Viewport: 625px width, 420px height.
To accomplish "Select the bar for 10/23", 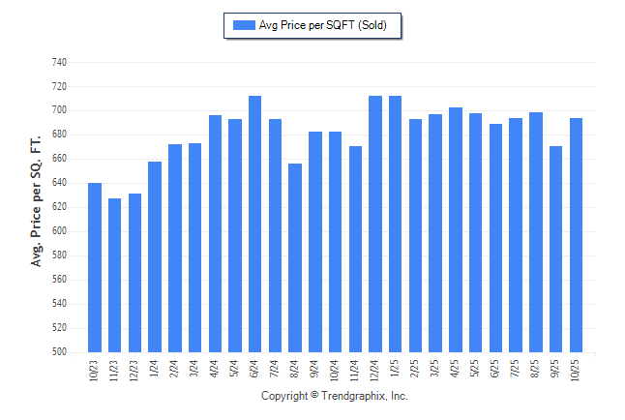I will click(95, 267).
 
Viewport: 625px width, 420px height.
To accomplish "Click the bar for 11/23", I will click(115, 275).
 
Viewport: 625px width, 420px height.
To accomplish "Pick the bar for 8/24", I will click(295, 257).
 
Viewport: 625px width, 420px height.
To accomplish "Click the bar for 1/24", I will click(155, 256).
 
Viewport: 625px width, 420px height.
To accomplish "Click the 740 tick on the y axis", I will click(59, 62).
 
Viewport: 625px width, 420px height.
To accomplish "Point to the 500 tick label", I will click(59, 352).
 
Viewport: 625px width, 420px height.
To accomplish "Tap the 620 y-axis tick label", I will click(59, 207).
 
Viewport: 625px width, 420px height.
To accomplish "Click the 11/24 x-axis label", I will click(356, 373).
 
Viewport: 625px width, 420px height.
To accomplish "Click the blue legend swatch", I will click(243, 25).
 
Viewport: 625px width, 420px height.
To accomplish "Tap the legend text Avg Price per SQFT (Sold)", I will click(323, 25).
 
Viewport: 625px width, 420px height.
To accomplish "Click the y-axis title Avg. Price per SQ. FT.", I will click(37, 200).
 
